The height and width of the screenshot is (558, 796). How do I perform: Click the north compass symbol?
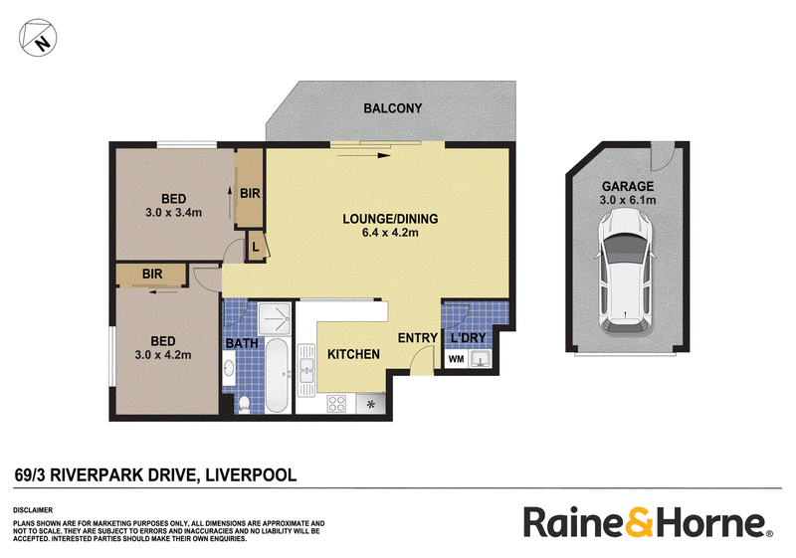38,38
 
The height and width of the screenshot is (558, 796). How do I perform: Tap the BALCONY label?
392,108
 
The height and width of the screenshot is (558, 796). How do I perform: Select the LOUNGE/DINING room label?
390,219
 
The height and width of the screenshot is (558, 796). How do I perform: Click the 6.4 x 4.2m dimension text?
390,233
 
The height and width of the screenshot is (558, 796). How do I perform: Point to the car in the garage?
626,272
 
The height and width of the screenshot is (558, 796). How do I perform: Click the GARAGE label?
628,186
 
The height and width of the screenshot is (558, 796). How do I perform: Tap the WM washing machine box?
457,359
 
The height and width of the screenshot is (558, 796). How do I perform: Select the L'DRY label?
468,337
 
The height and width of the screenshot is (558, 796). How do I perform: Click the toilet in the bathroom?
244,404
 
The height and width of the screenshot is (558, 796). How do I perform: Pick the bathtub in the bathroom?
277,375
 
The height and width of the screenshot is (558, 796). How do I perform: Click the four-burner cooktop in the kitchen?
337,403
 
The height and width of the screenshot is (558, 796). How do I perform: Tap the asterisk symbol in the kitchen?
370,404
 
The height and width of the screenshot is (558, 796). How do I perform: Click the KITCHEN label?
353,354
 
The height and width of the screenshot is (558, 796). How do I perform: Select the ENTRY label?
417,338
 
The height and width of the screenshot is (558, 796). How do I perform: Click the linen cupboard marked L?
257,247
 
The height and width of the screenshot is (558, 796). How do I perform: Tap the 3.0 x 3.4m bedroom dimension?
173,213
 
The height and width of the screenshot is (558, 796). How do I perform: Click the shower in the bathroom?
275,318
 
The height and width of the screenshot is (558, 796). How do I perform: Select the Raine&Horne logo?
649,521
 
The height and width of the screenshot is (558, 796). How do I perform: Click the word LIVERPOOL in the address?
251,475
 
